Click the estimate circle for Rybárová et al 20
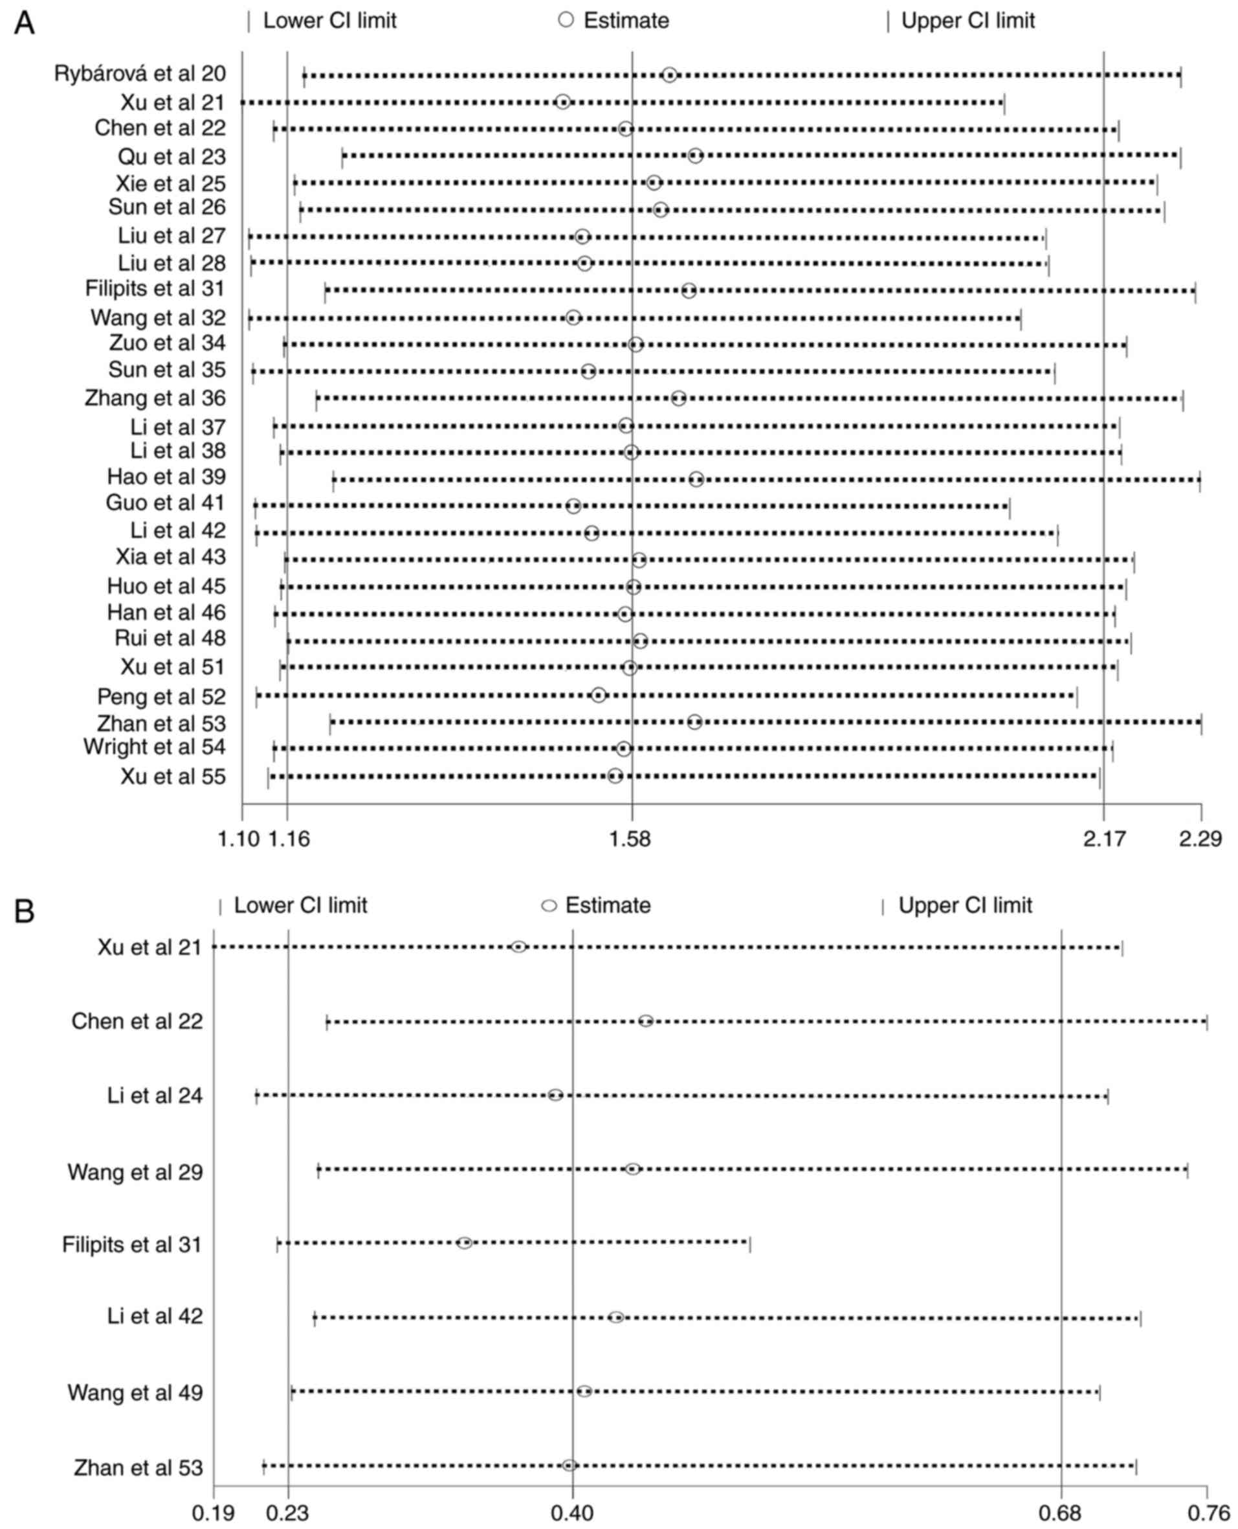(669, 75)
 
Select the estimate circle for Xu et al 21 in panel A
(562, 102)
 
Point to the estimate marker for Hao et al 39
(696, 479)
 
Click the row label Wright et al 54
(155, 747)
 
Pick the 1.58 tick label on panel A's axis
(631, 839)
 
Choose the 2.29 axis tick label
(1200, 839)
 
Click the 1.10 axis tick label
(239, 839)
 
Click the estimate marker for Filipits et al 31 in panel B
(464, 1243)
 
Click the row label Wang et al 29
(135, 1172)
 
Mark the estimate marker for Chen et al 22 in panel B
(645, 1021)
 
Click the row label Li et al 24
(155, 1095)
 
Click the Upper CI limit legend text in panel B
(965, 906)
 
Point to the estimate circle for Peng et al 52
(599, 695)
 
